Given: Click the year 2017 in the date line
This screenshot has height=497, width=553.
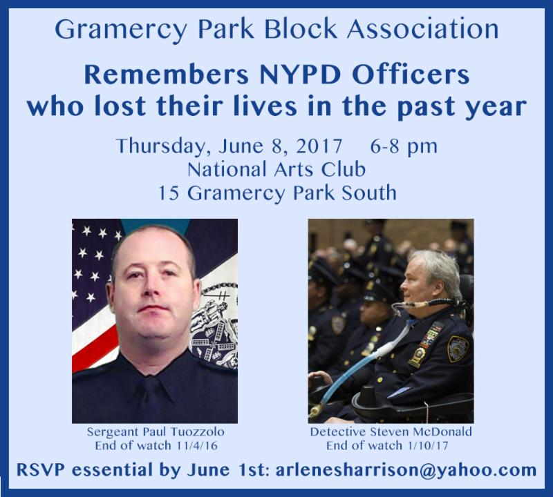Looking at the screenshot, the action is click(x=319, y=146).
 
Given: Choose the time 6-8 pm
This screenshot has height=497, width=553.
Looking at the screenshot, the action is click(x=404, y=147).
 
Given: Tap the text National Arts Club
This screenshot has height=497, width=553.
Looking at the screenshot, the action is click(x=276, y=169).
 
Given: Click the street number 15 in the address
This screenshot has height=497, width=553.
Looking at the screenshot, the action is click(x=168, y=193).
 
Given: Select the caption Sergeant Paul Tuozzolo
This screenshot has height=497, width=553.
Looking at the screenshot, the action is click(x=156, y=432).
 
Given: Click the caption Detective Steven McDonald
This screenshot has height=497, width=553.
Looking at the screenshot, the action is click(x=391, y=432).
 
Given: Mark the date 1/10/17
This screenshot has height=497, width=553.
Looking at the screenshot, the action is click(x=427, y=445).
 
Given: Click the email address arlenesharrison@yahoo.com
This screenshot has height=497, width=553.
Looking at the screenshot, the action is click(x=406, y=470).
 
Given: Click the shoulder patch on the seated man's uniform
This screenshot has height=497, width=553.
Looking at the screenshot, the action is click(x=458, y=349).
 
